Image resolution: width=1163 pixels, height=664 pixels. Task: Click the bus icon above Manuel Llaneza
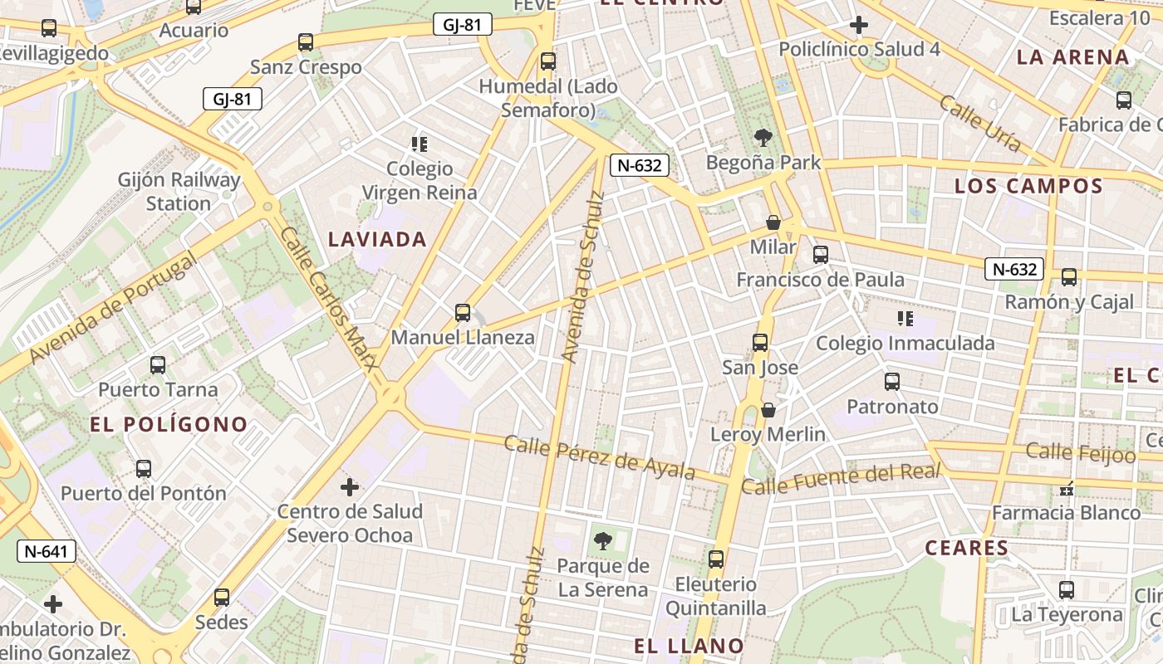[x=463, y=313]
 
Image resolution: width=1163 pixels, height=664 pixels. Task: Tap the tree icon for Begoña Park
[x=763, y=138]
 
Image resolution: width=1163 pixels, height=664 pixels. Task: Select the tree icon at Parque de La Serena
[x=603, y=541]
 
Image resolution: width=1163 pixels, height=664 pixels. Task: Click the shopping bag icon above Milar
[x=773, y=222]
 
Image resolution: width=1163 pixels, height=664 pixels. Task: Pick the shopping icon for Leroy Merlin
[x=768, y=410]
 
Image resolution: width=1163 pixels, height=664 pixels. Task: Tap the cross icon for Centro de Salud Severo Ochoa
[x=350, y=486]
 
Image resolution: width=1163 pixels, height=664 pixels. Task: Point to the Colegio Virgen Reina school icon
[x=420, y=144]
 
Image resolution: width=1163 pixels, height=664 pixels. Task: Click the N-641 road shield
[x=47, y=550]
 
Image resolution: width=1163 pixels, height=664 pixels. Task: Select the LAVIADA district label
[x=377, y=240]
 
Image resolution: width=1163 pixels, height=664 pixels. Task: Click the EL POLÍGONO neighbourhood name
[x=169, y=425]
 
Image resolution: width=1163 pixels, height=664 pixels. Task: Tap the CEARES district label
[x=967, y=548]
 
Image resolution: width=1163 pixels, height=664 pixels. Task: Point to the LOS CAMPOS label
[x=1028, y=186]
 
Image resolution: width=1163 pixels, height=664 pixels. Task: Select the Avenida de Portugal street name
[x=114, y=309]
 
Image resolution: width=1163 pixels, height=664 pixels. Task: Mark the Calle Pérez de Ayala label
[x=599, y=457]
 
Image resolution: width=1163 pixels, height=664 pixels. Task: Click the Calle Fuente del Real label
[x=840, y=479]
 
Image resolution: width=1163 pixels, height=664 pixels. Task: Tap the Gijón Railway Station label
[x=179, y=192]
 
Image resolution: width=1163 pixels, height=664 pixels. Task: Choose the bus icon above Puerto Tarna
[x=158, y=365]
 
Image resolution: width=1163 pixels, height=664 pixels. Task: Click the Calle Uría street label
[x=980, y=124]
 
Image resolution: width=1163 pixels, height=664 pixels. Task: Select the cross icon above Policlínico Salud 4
[x=859, y=25]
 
